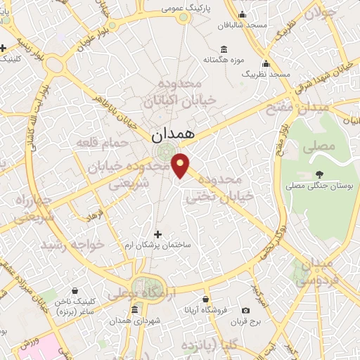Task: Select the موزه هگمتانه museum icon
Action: tap(224, 49)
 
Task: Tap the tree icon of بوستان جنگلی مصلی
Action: tap(321, 174)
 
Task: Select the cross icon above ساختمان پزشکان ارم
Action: tap(157, 233)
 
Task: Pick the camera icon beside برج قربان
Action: tap(245, 310)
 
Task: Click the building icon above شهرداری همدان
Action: tap(134, 310)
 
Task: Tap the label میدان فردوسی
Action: tap(312, 271)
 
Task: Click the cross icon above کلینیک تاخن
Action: tap(75, 290)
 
